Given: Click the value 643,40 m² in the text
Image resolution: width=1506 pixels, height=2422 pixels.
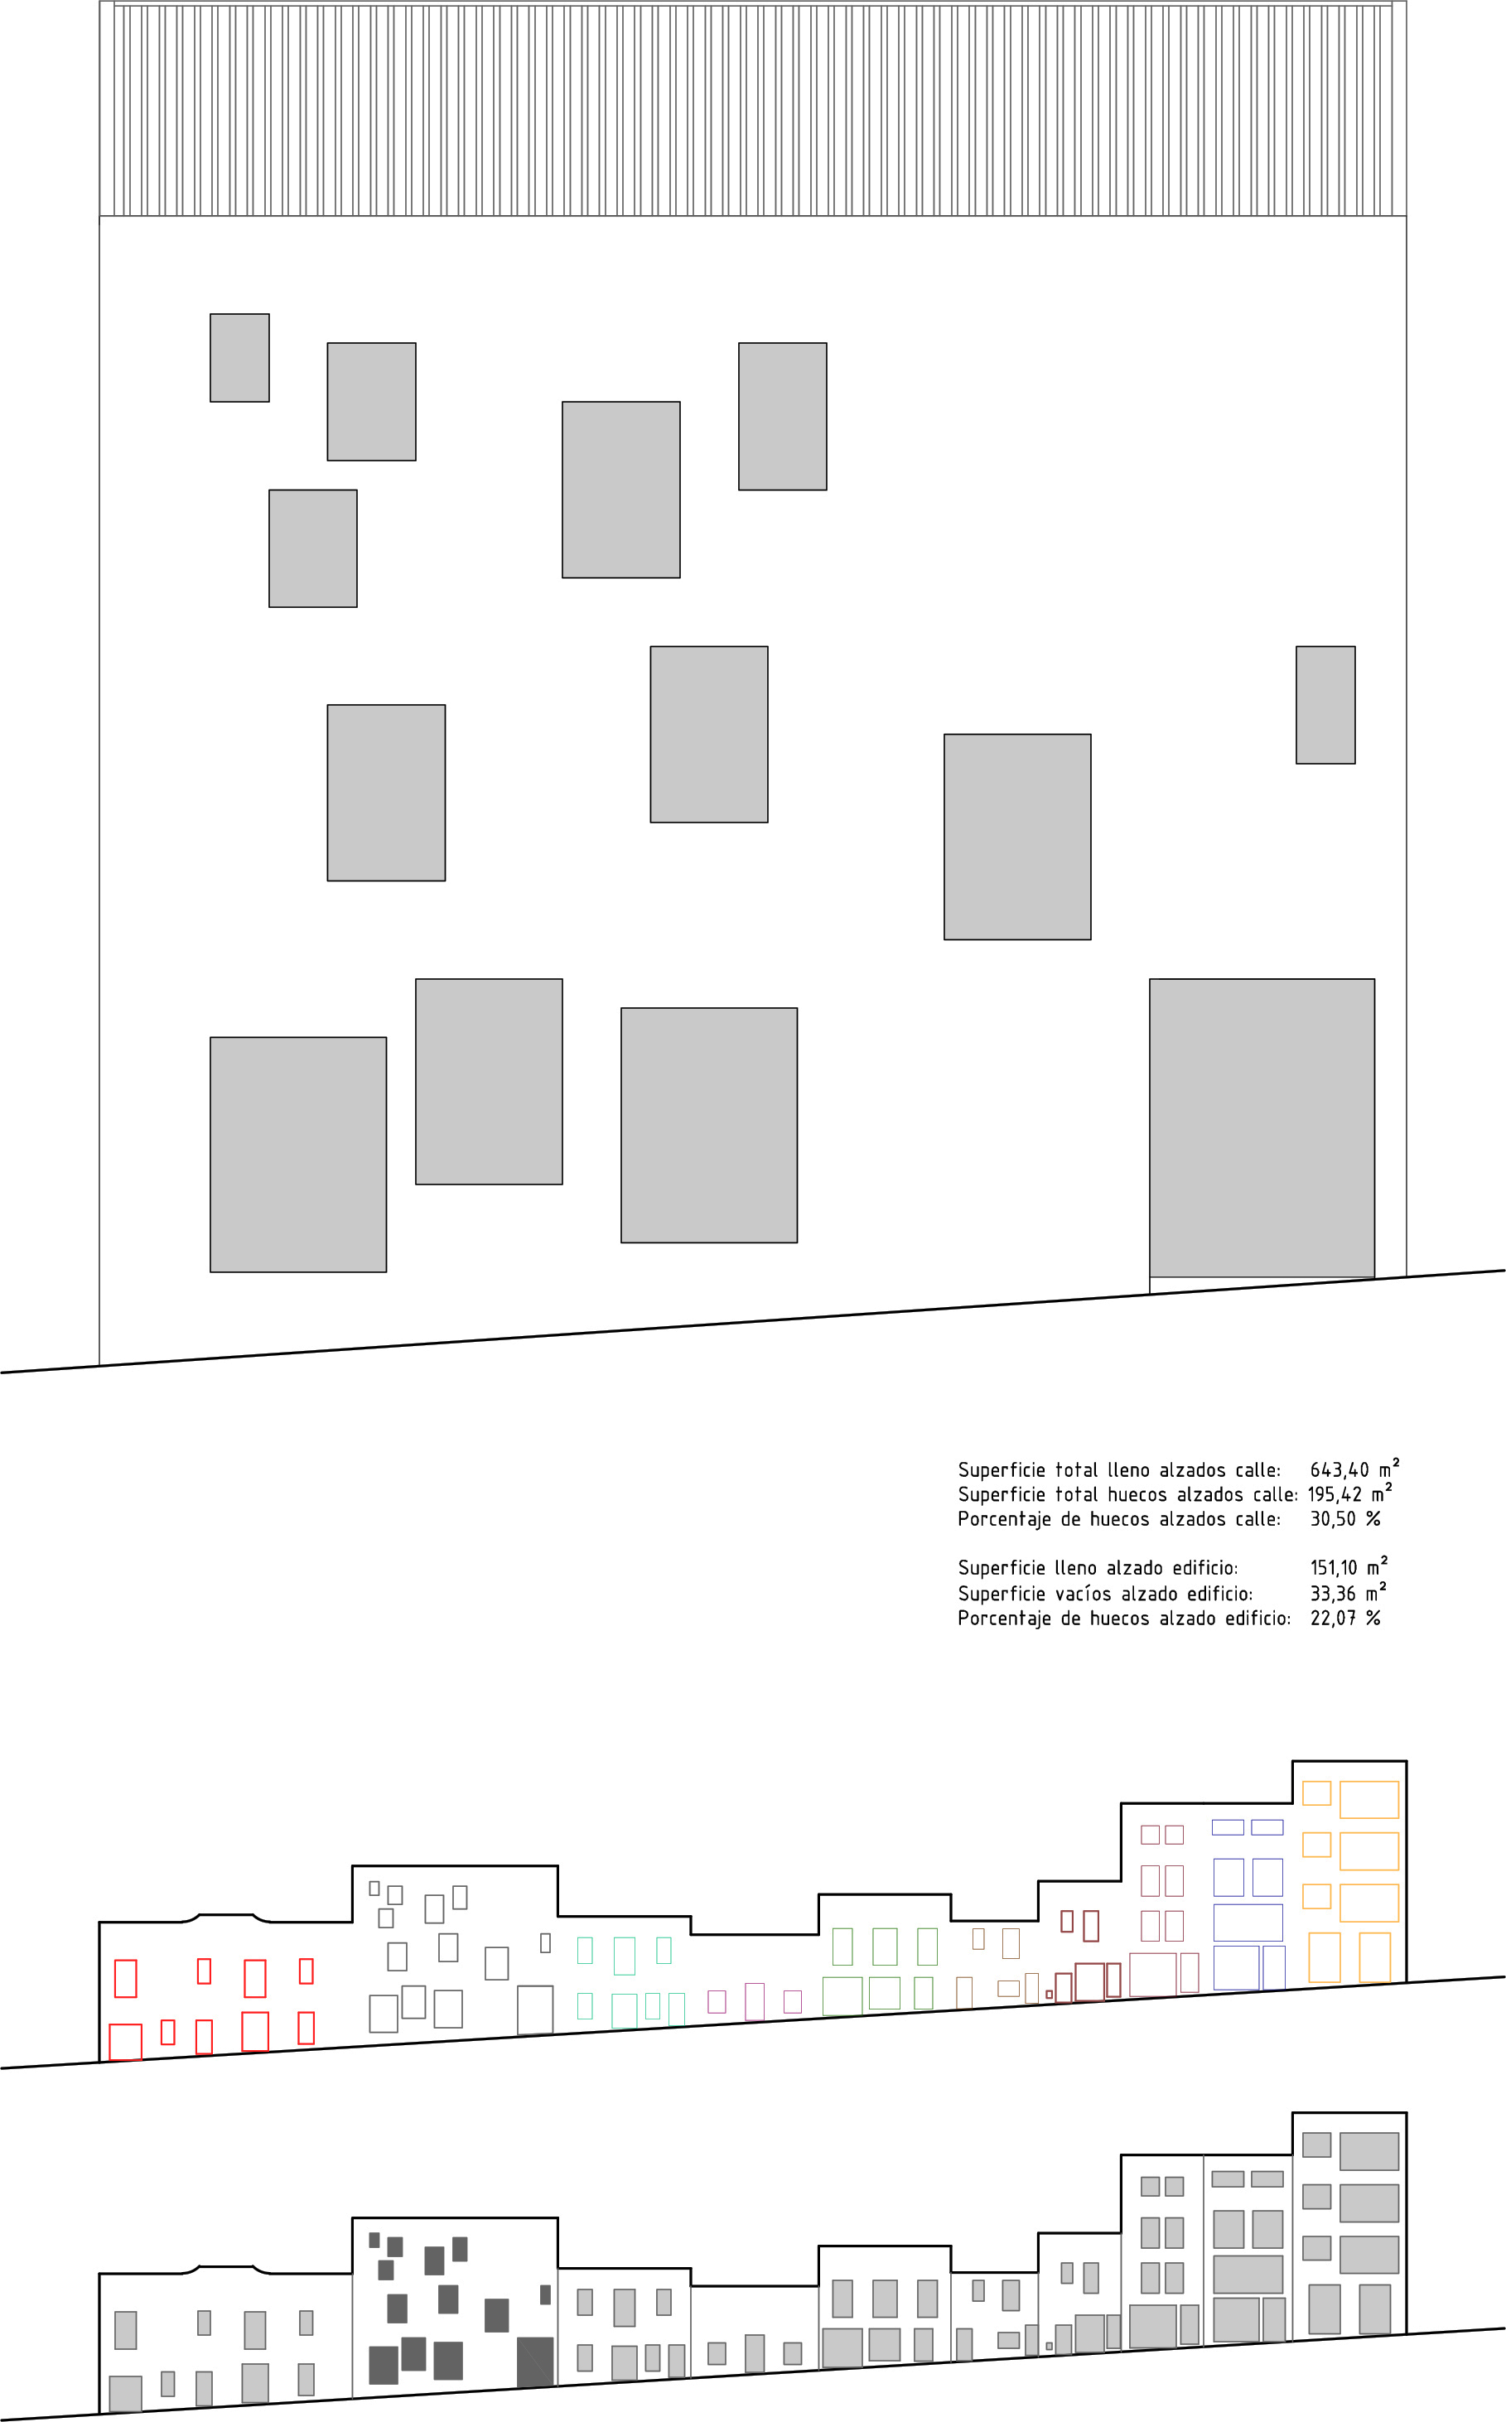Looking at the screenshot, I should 1354,1470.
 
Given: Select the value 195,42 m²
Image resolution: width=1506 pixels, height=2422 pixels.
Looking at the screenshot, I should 1349,1495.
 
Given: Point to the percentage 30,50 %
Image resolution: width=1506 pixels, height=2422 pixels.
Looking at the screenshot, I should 1344,1520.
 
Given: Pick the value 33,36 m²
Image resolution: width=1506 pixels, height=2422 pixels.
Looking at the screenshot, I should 1347,1594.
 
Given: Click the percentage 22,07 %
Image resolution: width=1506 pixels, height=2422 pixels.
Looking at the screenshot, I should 1344,1619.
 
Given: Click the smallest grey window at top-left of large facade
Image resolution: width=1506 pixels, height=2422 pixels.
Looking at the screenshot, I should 239,358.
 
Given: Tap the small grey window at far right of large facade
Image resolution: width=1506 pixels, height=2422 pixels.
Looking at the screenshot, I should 1325,705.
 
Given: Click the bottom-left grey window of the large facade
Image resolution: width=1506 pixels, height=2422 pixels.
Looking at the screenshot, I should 298,1154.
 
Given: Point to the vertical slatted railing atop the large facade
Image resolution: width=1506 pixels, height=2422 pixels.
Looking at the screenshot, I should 752,109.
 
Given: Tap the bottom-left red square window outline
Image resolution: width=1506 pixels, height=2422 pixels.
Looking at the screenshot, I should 126,2042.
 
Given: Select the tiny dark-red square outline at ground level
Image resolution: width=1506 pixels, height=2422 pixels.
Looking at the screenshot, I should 1049,1995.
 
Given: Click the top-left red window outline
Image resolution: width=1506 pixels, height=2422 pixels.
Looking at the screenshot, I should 126,1978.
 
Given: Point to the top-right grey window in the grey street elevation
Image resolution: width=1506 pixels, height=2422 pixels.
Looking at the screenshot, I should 1368,2151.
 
